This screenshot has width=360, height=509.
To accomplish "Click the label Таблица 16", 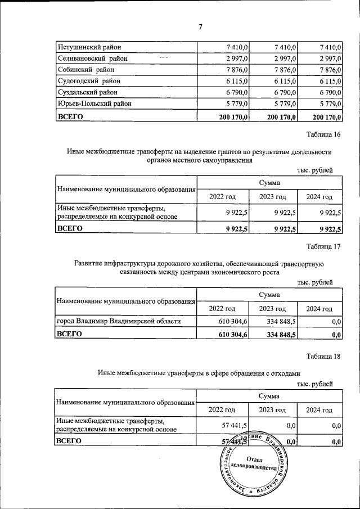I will click(x=323, y=135).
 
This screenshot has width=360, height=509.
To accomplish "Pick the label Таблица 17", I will click(x=323, y=246).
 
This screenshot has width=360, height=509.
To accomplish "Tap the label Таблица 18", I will click(x=323, y=357).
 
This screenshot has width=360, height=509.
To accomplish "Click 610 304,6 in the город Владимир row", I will click(x=232, y=321).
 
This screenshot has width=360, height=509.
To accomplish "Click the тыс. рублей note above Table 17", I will click(x=315, y=282).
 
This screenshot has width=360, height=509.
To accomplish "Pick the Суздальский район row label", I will click(x=88, y=93).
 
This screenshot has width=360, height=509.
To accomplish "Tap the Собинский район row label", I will click(x=86, y=70).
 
